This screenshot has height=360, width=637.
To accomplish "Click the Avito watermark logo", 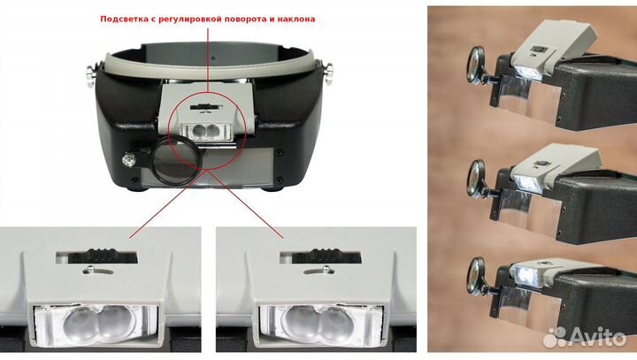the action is pos(585,337).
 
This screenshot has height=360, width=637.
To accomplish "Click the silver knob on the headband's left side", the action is pos(90,74).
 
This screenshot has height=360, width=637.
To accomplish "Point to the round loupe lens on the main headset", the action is pos(177,160).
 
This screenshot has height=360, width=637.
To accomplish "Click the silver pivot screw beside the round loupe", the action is pos(128,160).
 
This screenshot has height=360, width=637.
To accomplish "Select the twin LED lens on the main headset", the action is pos(205,131).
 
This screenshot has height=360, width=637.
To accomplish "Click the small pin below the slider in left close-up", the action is pos(90,269).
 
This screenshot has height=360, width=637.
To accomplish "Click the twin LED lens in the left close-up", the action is pos(97,324).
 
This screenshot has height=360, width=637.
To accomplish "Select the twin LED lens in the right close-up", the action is pos(318,324).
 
